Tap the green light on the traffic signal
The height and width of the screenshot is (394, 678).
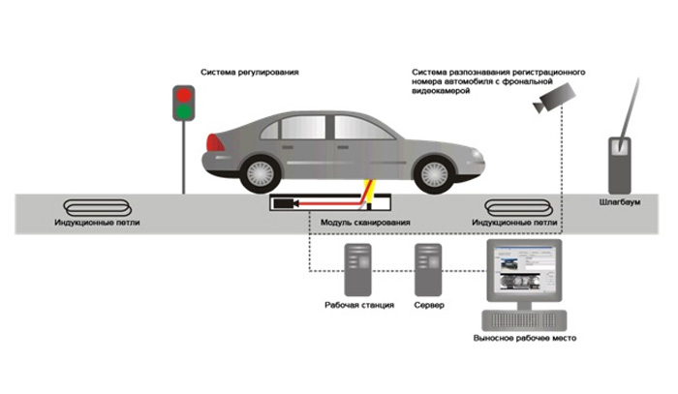[182, 111]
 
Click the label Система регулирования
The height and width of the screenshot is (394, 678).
[249, 72]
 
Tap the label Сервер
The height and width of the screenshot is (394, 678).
[428, 305]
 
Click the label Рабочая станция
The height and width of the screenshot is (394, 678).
[358, 305]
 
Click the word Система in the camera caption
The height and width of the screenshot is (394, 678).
[428, 72]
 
